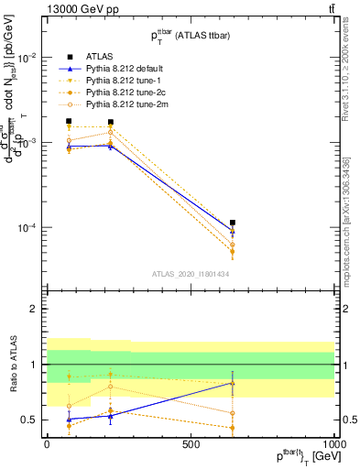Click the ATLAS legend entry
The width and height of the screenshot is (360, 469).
(99, 58)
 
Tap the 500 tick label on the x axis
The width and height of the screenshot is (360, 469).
(191, 444)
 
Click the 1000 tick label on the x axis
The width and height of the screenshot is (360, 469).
(334, 444)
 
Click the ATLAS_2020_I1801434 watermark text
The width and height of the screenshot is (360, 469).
(191, 274)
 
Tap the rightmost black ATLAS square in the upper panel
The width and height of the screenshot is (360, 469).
(233, 223)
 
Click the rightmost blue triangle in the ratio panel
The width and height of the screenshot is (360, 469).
(233, 383)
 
